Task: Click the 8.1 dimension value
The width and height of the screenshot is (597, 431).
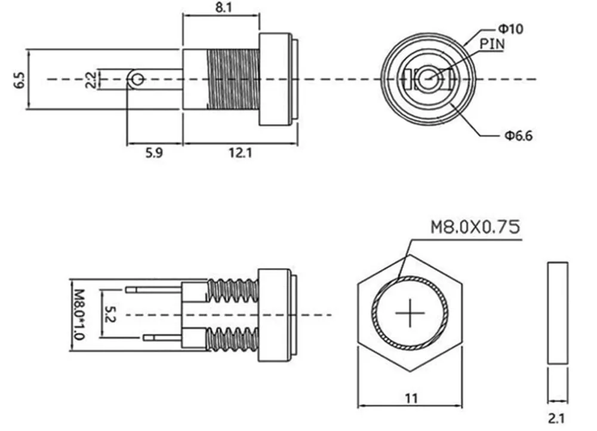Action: [223, 8]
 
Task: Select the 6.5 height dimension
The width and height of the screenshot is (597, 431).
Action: [20, 80]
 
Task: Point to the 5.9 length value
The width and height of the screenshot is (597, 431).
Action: [154, 153]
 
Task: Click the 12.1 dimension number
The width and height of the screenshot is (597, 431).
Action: [240, 153]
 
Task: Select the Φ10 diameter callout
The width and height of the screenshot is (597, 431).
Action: [510, 29]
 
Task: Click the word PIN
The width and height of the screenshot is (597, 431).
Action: [492, 44]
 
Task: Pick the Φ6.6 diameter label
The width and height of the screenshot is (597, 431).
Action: [519, 135]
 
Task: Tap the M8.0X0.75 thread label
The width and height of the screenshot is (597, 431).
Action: [475, 227]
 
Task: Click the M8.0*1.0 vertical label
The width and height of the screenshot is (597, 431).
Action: [78, 315]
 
